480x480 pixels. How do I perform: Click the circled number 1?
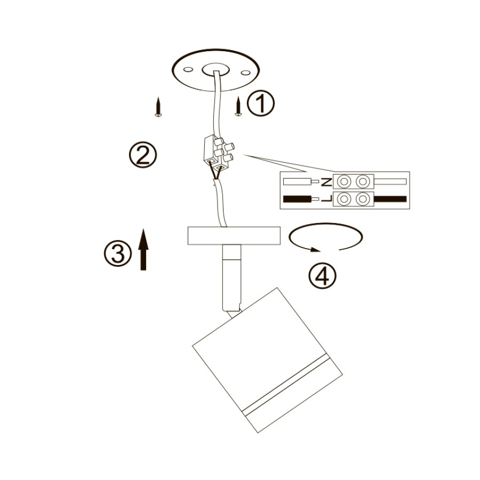261,103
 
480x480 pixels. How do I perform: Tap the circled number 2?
142,154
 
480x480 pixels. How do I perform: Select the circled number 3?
118,253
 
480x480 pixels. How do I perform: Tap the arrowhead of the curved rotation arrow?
315,249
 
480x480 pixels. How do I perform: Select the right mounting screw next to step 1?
238,107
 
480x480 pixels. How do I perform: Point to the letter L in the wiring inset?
327,199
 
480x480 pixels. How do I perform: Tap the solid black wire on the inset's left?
297,199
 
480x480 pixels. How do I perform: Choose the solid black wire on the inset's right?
390,199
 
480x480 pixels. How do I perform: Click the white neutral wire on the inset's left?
295,182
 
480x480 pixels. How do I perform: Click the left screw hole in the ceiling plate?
188,70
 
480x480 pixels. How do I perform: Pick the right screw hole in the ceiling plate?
245,73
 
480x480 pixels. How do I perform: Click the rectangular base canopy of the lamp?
234,235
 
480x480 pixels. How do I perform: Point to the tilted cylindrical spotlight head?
267,360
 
